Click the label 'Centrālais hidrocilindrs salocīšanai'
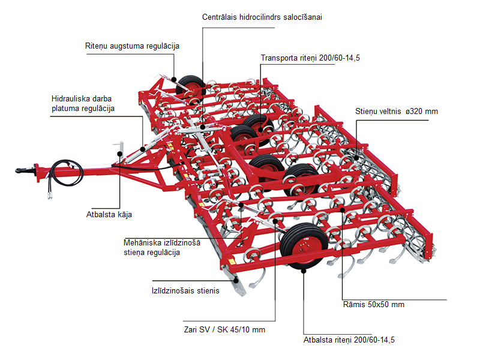click(262, 17)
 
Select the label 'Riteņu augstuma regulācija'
click(132, 46)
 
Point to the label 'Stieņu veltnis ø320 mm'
click(397, 112)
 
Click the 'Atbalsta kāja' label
click(108, 214)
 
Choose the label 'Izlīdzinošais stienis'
click(185, 290)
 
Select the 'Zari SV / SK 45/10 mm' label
click(224, 329)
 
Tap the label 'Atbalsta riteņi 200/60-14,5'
click(349, 340)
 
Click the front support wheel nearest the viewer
click(305, 248)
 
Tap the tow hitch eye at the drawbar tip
click(22, 170)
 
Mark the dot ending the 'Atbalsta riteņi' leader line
click(304, 270)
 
